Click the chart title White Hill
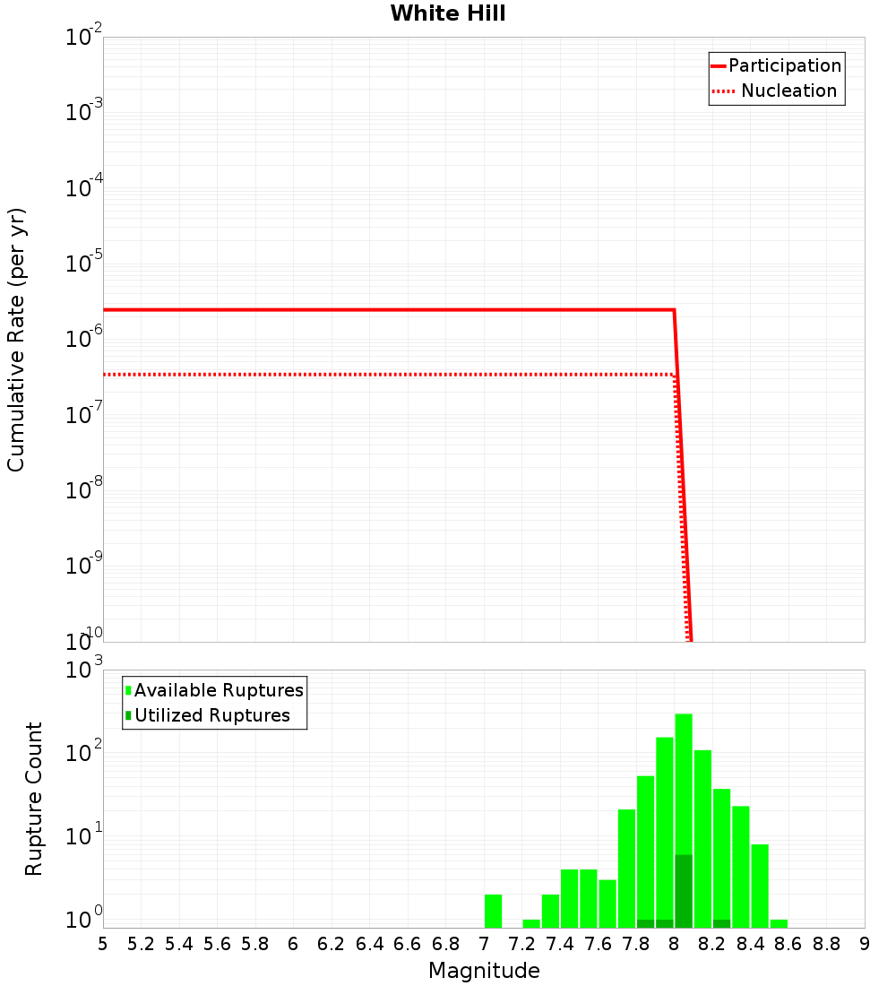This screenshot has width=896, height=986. click(448, 13)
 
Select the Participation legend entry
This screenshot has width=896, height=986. click(784, 65)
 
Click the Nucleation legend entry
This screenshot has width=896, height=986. click(788, 91)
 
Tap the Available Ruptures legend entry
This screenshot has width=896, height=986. click(219, 690)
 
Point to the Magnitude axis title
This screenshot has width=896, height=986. click(484, 971)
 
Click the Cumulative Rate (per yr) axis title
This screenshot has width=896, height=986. click(16, 339)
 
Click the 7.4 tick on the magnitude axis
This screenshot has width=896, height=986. click(560, 943)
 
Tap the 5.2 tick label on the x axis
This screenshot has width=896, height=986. click(142, 943)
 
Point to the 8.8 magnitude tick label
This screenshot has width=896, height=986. click(826, 943)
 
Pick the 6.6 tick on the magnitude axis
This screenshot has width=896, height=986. click(408, 943)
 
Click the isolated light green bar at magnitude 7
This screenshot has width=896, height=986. click(493, 911)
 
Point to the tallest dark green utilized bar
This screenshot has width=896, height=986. click(684, 891)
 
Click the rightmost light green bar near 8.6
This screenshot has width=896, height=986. click(779, 923)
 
